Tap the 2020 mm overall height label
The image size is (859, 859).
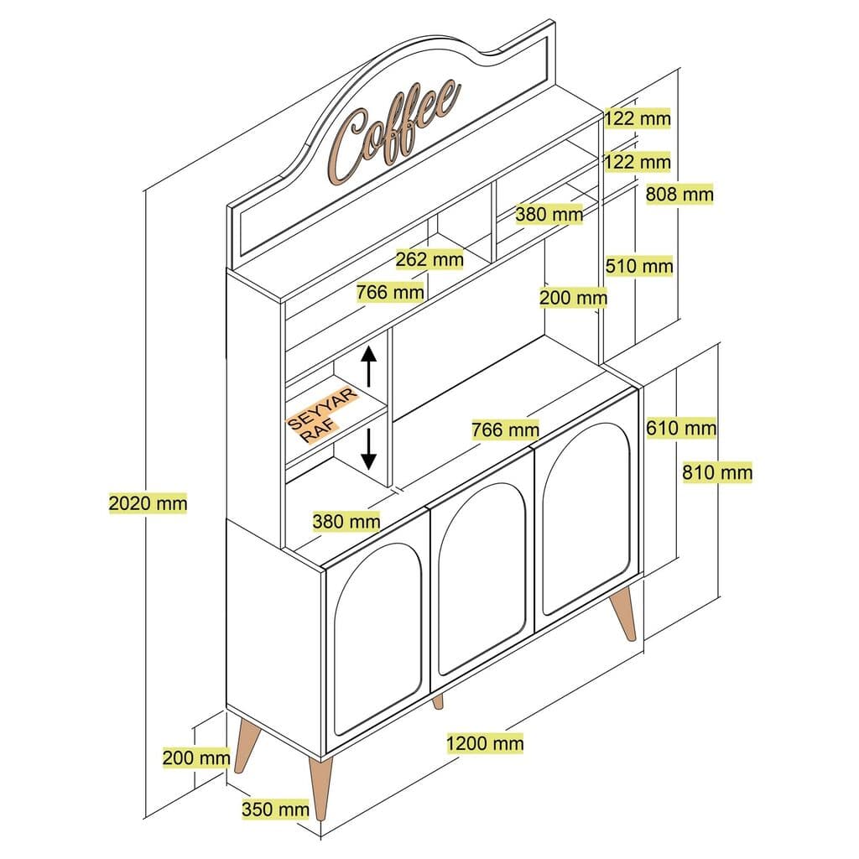click(x=148, y=503)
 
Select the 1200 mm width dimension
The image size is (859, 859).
click(x=485, y=742)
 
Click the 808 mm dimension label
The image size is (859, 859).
click(x=679, y=195)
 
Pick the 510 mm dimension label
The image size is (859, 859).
click(x=639, y=267)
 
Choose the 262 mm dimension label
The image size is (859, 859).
click(x=429, y=259)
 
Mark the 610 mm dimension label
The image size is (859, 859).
click(x=681, y=429)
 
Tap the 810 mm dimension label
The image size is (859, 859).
click(x=716, y=472)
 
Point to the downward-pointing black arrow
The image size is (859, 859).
click(x=369, y=450)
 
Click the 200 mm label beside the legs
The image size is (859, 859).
click(x=196, y=757)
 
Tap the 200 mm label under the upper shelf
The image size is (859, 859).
click(x=574, y=297)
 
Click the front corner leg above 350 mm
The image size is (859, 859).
click(x=320, y=792)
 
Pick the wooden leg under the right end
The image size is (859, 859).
click(x=624, y=615)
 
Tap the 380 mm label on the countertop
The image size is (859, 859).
click(x=346, y=521)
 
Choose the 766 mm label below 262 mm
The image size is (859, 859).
click(x=390, y=292)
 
